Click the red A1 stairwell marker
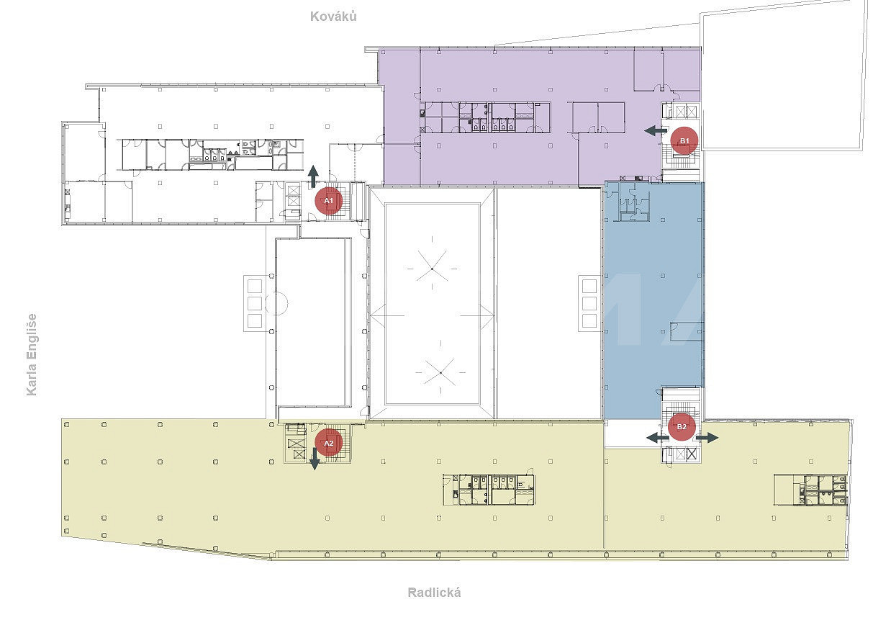tap(329, 201)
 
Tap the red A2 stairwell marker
tap(329, 443)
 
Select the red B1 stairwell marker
tap(684, 140)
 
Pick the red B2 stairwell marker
tap(682, 426)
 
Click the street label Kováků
tap(333, 17)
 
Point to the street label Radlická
tap(435, 593)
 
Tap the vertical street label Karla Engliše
tap(32, 354)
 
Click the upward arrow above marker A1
tap(313, 176)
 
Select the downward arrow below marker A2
tap(315, 459)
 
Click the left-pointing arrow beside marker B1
tap(656, 130)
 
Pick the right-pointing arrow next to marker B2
tap(707, 438)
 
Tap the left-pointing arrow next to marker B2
tap(658, 438)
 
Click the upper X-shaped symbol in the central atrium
tap(432, 269)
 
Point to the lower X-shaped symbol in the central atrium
tap(440, 372)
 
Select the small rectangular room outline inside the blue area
tap(685, 331)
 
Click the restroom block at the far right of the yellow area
tap(810, 490)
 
